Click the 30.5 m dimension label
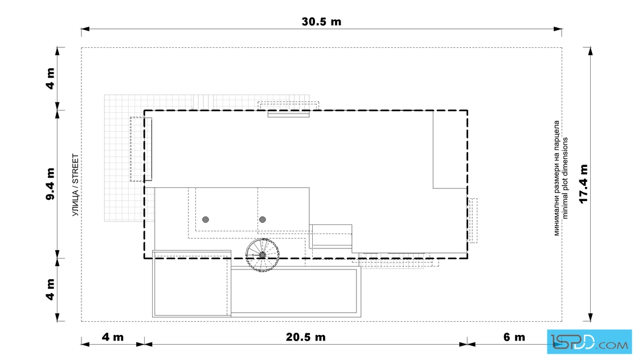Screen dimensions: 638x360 (321, 22)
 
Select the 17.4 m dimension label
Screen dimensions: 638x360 (583, 184)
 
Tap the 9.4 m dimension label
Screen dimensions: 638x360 (50, 184)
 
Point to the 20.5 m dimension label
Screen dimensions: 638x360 (305, 337)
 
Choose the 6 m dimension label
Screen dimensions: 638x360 (514, 337)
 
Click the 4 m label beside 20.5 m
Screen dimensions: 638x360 (113, 337)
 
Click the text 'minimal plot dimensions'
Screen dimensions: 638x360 (565, 178)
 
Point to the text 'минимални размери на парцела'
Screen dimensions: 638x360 (557, 178)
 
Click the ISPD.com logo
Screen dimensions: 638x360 (590, 342)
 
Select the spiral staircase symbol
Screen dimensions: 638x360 (263, 255)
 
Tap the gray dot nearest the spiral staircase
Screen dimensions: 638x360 (263, 220)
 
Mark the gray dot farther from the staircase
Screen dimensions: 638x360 (206, 220)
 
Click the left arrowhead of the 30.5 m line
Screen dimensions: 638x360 (85, 29)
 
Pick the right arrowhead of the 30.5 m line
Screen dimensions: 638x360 (558, 29)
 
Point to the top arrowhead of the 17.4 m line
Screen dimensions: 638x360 (590, 51)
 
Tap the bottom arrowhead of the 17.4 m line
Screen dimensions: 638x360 (590, 317)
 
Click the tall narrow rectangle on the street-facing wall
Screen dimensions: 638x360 (148, 149)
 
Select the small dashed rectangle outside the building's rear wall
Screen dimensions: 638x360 (473, 220)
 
